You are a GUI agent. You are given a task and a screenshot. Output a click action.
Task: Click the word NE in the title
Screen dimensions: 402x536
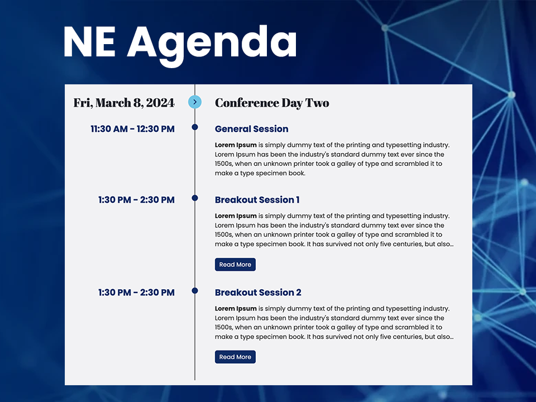(x=89, y=42)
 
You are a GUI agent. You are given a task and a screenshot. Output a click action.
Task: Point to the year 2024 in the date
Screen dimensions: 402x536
(x=160, y=103)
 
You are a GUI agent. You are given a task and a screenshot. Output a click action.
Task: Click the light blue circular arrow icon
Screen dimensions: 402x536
(x=195, y=102)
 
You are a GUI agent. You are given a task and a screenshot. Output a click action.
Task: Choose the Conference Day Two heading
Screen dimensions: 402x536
(x=272, y=103)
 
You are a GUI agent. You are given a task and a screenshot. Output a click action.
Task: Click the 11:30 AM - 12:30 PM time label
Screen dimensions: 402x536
(x=132, y=129)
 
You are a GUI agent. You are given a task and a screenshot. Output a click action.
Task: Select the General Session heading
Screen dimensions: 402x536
(x=251, y=129)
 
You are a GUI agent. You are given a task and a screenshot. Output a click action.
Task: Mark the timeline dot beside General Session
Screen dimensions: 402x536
(x=195, y=127)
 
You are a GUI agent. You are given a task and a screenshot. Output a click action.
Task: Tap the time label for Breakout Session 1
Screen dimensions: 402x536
(x=136, y=200)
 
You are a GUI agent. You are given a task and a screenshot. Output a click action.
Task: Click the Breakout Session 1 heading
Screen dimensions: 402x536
(x=257, y=200)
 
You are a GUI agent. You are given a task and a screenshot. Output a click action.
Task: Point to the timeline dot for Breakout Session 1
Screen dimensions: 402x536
(x=195, y=198)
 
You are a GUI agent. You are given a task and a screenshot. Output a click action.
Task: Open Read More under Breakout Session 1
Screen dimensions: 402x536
(x=235, y=265)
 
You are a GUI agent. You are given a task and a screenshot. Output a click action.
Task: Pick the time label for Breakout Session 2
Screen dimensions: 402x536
(x=136, y=293)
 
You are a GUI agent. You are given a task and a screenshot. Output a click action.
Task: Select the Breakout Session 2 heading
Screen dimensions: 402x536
(x=258, y=293)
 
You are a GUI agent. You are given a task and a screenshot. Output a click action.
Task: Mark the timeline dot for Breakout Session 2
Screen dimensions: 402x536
(x=195, y=291)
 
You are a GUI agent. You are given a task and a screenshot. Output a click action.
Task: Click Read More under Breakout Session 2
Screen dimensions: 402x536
(x=235, y=357)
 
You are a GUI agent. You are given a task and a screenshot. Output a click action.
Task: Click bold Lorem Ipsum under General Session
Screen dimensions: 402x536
(x=236, y=145)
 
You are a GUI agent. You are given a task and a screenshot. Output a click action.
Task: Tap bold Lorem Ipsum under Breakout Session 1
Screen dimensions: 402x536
(x=236, y=216)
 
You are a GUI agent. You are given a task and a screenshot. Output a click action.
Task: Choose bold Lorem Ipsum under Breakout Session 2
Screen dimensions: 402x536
(x=236, y=308)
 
